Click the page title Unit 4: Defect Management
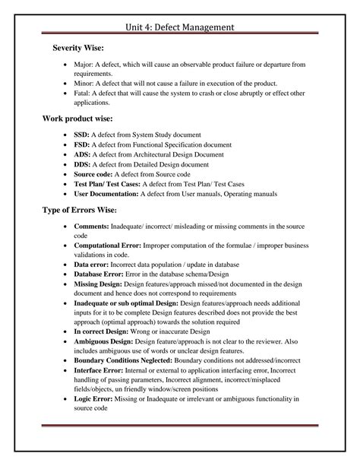coord(179,28)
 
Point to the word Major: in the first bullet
coord(84,65)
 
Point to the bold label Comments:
coord(92,227)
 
